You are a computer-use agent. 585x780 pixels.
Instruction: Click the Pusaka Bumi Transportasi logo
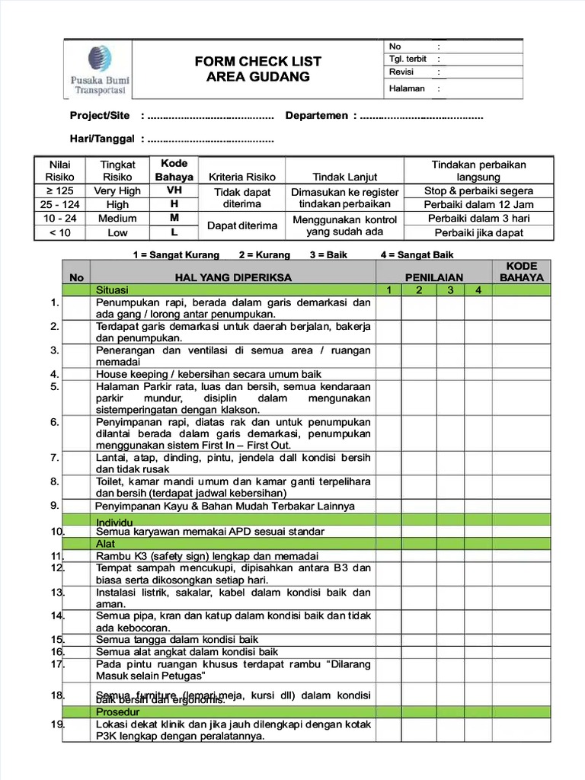pyautogui.click(x=98, y=69)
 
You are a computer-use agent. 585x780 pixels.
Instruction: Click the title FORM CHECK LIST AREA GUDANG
pyautogui.click(x=258, y=69)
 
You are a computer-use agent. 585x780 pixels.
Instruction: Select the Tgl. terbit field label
pyautogui.click(x=408, y=59)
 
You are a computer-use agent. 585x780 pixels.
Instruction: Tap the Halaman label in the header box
pyautogui.click(x=407, y=88)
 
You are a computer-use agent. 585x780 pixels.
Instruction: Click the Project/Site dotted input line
pyautogui.click(x=210, y=116)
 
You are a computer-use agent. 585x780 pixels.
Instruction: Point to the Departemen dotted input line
pyautogui.click(x=421, y=116)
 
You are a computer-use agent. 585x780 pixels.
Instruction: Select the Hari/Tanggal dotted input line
pyautogui.click(x=210, y=139)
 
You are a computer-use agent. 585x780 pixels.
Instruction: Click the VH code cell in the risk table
pyautogui.click(x=174, y=190)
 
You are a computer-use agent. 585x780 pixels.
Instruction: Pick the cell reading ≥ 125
pyautogui.click(x=60, y=190)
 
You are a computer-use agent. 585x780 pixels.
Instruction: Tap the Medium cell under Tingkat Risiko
pyautogui.click(x=117, y=219)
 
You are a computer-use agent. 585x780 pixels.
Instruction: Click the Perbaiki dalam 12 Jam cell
pyautogui.click(x=478, y=204)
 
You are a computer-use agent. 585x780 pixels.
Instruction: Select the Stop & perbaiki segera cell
pyautogui.click(x=478, y=190)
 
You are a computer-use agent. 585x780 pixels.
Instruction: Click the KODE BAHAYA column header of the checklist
pyautogui.click(x=521, y=272)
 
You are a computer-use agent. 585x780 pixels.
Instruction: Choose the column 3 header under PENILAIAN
pyautogui.click(x=450, y=290)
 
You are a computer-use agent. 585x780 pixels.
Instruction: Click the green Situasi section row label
pyautogui.click(x=113, y=290)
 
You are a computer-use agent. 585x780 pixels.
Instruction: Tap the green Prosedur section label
pyautogui.click(x=113, y=711)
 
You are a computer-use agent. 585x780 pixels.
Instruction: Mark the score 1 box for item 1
pyautogui.click(x=388, y=308)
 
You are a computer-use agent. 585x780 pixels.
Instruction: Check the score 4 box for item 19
pyautogui.click(x=478, y=730)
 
